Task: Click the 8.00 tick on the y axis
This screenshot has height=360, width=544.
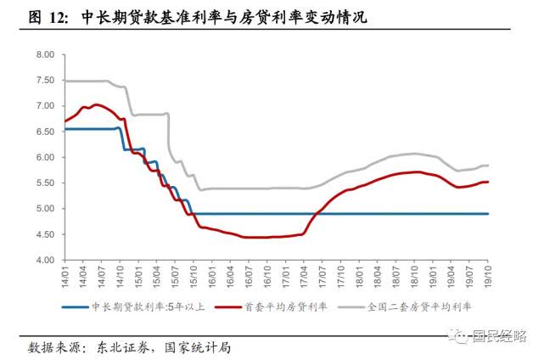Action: (43, 54)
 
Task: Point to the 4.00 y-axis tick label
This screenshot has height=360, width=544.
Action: (43, 260)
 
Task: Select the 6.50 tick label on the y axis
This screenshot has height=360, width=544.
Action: (43, 132)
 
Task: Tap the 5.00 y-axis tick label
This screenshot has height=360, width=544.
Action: (43, 209)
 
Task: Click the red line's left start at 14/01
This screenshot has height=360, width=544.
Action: (64, 121)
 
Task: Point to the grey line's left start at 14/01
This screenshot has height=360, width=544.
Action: (64, 81)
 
